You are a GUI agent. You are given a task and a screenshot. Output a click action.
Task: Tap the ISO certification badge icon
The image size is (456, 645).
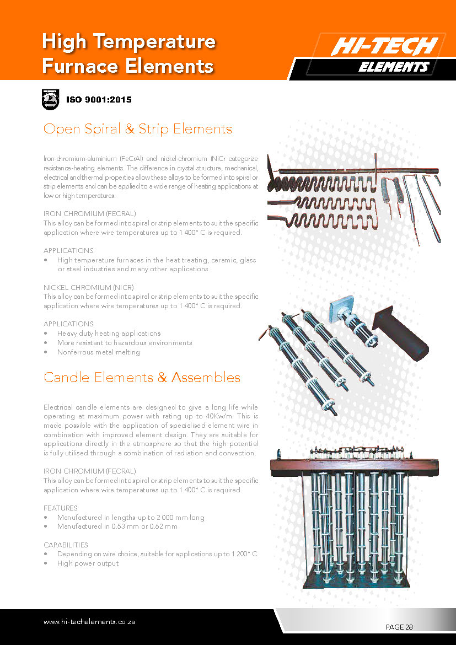coord(50,99)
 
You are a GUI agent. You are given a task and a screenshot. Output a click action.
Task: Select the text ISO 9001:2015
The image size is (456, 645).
coord(99,100)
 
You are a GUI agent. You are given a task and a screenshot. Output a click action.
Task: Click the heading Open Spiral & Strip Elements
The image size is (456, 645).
coord(137,129)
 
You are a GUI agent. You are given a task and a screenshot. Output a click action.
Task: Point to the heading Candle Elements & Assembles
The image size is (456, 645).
coord(142,378)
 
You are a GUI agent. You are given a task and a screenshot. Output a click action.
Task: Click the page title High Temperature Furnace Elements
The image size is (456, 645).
coord(128,53)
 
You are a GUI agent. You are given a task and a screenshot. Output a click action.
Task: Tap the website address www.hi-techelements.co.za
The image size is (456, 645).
coord(89,621)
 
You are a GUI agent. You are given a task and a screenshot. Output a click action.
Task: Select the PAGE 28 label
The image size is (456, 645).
coord(399,627)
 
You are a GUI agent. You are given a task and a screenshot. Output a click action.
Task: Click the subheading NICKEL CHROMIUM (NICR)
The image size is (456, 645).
coord(88,287)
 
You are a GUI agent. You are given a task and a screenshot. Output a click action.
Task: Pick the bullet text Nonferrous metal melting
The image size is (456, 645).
coord(99,352)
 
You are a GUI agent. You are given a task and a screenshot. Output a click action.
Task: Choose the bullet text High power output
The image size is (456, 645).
coord(88,563)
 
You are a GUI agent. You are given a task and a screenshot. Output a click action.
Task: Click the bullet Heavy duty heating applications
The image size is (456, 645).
coord(109,333)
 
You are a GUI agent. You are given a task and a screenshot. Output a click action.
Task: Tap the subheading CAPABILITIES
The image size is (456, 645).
coord(66,545)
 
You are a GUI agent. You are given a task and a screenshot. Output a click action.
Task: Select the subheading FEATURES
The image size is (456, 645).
coord(60,508)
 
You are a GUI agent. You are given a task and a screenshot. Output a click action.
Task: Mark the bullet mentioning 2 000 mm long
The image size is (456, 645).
coord(131,517)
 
